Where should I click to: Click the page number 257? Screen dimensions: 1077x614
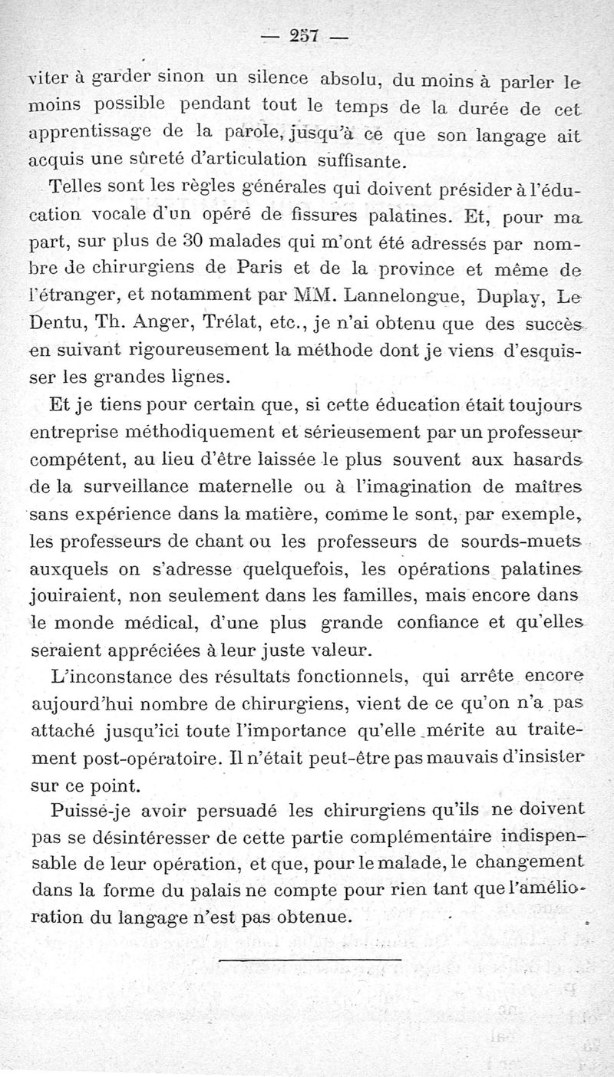pos(305,36)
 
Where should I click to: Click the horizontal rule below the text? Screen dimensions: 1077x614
pos(309,959)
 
